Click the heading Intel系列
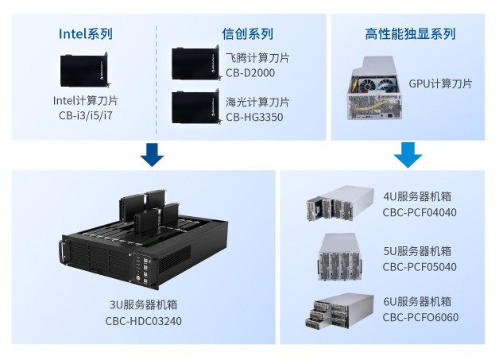[x=86, y=33]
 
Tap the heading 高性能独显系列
[x=410, y=33]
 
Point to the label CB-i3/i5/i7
[x=86, y=116]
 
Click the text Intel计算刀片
[x=86, y=101]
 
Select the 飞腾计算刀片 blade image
[x=195, y=64]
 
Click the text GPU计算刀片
[x=440, y=83]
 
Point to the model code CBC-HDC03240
[x=144, y=321]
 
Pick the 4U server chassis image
[x=339, y=204]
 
